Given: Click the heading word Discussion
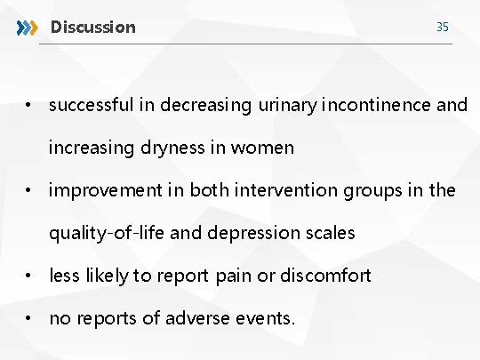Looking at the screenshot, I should pos(93,28).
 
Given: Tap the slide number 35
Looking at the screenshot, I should pos(442,28).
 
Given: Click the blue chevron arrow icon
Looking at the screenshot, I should pos(28,28).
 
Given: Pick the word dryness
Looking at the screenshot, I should pos(170,148).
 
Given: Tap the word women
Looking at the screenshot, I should pos(262,148).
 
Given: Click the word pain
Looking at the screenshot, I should pos(235,276).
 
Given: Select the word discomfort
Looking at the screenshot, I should pos(325,276).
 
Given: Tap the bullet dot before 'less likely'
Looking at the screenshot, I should pos(29,276).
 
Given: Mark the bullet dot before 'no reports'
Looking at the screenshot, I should pos(29,318).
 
